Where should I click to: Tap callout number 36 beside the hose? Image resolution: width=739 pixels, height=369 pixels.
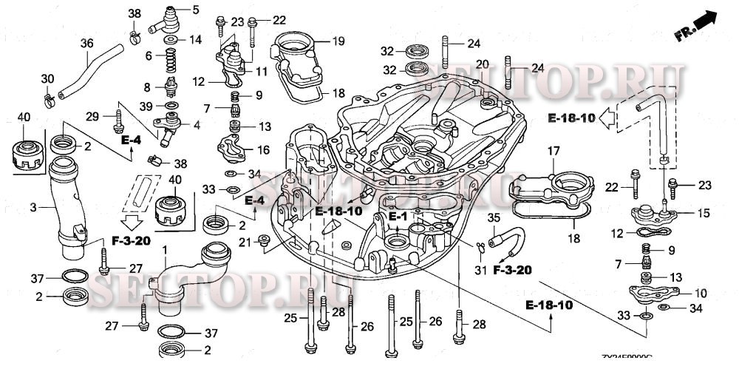pyautogui.click(x=86, y=44)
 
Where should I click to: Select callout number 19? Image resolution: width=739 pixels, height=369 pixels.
pyautogui.click(x=339, y=41)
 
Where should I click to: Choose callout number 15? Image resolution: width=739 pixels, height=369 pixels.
pyautogui.click(x=703, y=213)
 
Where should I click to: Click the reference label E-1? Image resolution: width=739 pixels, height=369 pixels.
pyautogui.click(x=398, y=216)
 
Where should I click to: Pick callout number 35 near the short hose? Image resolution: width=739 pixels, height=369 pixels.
pyautogui.click(x=494, y=218)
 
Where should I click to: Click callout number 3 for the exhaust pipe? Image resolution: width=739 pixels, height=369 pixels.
pyautogui.click(x=33, y=207)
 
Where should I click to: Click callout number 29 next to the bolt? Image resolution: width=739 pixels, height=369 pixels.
pyautogui.click(x=92, y=115)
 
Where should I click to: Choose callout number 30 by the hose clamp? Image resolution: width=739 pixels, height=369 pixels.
pyautogui.click(x=47, y=78)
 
